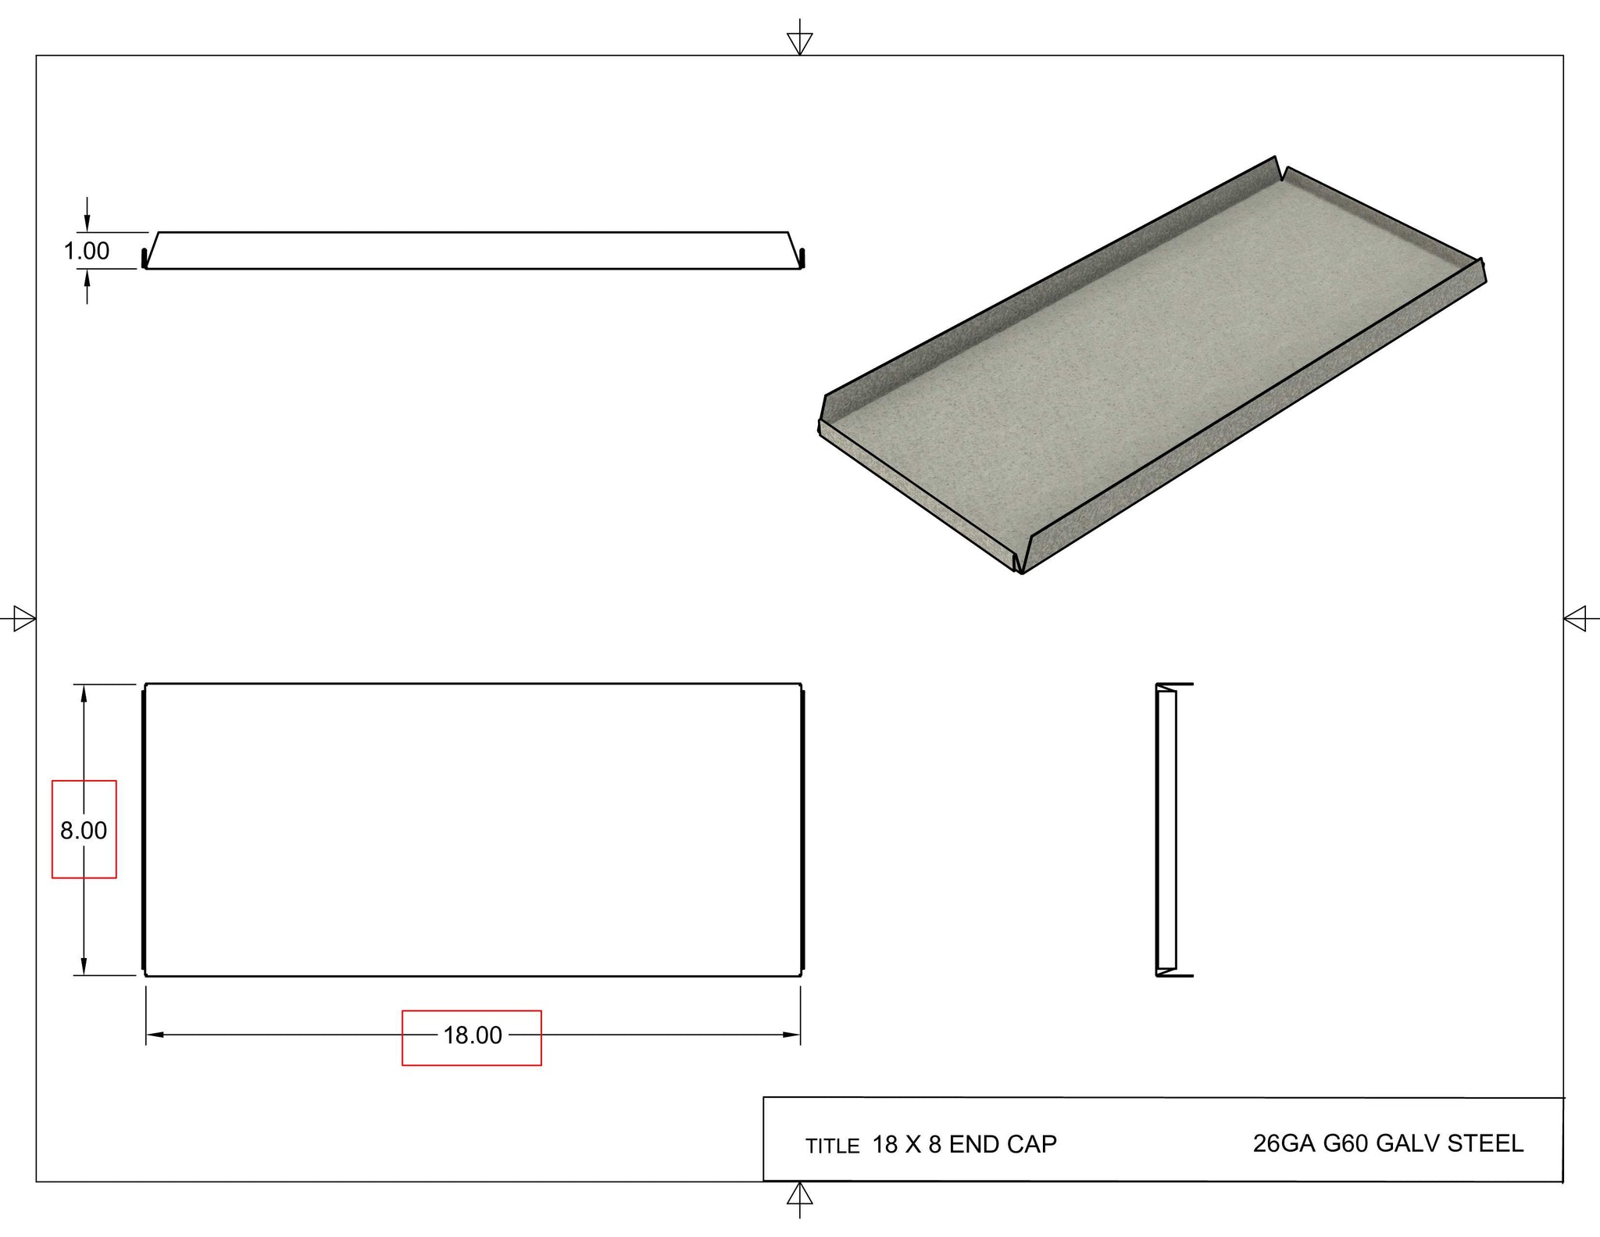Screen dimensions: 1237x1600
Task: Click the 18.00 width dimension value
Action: click(x=473, y=1035)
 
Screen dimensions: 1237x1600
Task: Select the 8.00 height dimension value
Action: click(x=84, y=830)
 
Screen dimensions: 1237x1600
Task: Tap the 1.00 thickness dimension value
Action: click(x=86, y=251)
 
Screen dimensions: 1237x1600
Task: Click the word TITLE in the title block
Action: click(x=832, y=1146)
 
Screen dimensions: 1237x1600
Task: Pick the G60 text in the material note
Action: click(x=1345, y=1143)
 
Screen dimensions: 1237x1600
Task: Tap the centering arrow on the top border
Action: click(x=799, y=42)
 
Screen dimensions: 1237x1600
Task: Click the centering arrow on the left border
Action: click(x=24, y=620)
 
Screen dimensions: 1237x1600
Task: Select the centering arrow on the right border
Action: click(x=1575, y=620)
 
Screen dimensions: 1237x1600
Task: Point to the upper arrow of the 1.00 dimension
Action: click(x=87, y=223)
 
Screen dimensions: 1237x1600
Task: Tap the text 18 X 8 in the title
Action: click(x=906, y=1145)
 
